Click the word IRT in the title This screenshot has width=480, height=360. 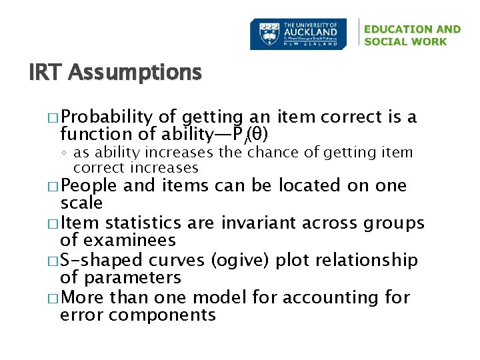(x=45, y=72)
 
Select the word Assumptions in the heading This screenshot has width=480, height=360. (x=134, y=72)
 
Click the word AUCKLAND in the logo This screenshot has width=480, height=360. (x=311, y=31)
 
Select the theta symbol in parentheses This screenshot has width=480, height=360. (x=256, y=135)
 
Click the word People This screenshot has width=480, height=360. (x=89, y=185)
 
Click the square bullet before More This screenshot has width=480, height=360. (x=54, y=298)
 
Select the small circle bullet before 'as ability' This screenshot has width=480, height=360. (x=65, y=153)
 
